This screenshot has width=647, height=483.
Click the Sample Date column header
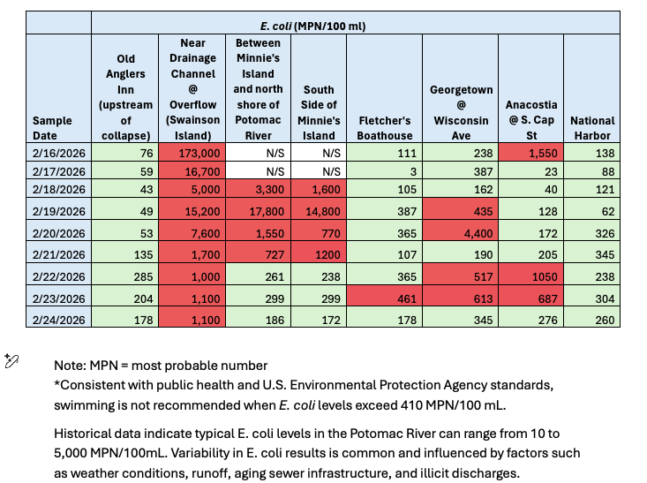click(57, 128)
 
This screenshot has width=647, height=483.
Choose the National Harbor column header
click(592, 128)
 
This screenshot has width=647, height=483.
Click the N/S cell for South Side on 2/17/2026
click(319, 171)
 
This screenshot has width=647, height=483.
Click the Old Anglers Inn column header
click(124, 97)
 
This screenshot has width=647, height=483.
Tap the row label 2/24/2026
click(57, 318)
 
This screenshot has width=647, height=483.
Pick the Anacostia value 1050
click(531, 275)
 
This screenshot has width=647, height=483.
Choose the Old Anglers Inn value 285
click(124, 275)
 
